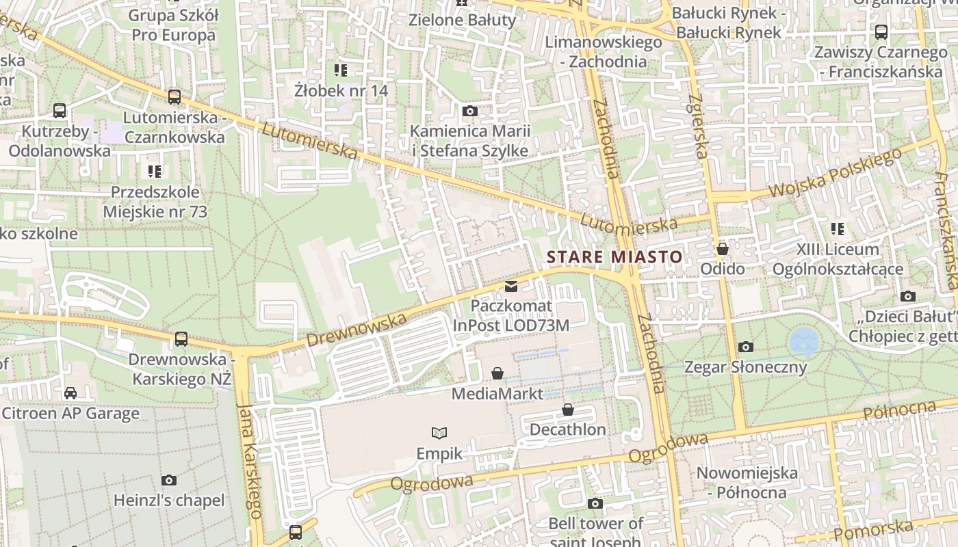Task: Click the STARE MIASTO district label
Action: (x=614, y=257)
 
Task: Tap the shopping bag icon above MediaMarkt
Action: (x=497, y=373)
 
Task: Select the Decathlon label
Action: (x=567, y=429)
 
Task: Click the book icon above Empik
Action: (x=439, y=433)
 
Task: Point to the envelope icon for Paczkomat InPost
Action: (x=511, y=286)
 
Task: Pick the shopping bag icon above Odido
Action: (x=722, y=249)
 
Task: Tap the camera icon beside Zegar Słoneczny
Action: (x=746, y=347)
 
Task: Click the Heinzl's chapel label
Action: (x=169, y=501)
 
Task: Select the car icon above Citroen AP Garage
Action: (x=70, y=392)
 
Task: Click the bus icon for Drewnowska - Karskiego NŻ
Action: (x=181, y=338)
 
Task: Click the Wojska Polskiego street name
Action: (x=836, y=174)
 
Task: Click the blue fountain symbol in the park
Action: (x=803, y=341)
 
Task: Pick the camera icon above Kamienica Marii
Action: (x=469, y=111)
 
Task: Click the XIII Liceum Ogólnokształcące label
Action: (x=838, y=259)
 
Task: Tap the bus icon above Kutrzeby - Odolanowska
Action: (x=60, y=110)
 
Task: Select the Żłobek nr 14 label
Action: (x=341, y=90)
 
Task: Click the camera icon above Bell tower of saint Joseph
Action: (x=595, y=503)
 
